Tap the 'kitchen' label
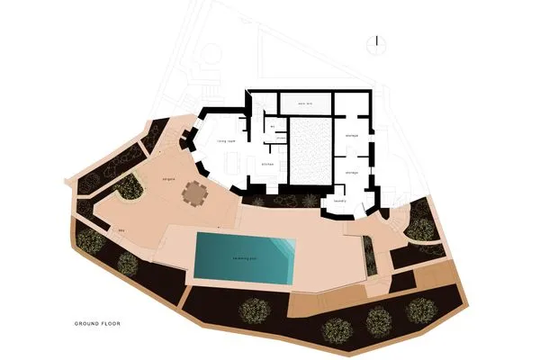pos(266,165)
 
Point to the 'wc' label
pos(271,127)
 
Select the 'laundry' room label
pos(340,201)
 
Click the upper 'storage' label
pos(352,135)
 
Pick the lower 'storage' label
pos(352,170)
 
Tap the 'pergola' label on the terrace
pos(167,179)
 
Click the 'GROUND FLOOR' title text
pos(98,322)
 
